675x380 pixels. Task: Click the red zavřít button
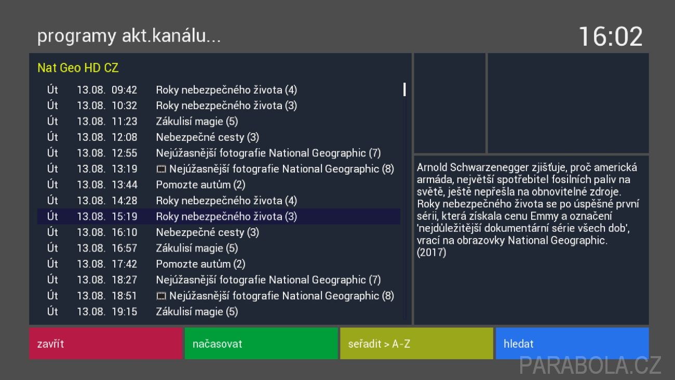coord(106,344)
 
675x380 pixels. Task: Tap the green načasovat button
coord(261,344)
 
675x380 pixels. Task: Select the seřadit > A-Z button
coord(417,344)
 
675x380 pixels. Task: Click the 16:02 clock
coord(611,36)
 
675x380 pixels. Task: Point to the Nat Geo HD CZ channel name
coord(78,68)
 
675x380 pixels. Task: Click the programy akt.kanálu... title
coord(129,36)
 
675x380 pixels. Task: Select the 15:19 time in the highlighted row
coord(125,217)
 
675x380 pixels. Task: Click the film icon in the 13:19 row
coord(161,169)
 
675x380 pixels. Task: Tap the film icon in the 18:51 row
coord(161,296)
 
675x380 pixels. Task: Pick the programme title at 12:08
coord(207,138)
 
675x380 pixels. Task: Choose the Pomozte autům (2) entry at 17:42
coord(200,264)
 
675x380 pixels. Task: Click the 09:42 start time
coord(124,90)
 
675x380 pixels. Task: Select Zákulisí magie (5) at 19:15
coord(197,312)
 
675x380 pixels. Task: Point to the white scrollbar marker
coord(404,89)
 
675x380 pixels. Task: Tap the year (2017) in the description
coord(431,253)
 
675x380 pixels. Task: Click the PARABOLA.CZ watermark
coord(590,365)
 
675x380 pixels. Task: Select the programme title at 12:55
coord(268,153)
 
